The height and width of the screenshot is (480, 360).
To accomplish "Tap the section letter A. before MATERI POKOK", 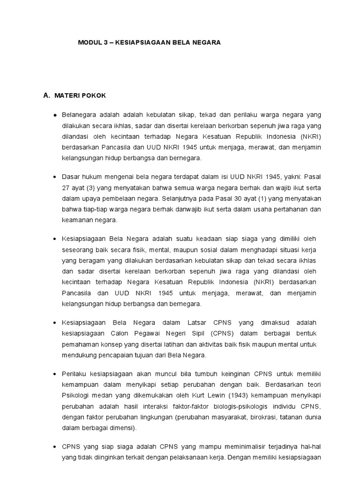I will [x=46, y=96].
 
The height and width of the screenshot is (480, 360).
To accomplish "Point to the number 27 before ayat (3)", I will [x=66, y=188].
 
